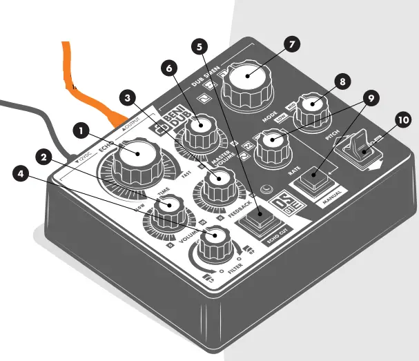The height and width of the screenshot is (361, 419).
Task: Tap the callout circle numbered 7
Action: point(291,43)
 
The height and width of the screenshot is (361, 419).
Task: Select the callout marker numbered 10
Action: point(402,119)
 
